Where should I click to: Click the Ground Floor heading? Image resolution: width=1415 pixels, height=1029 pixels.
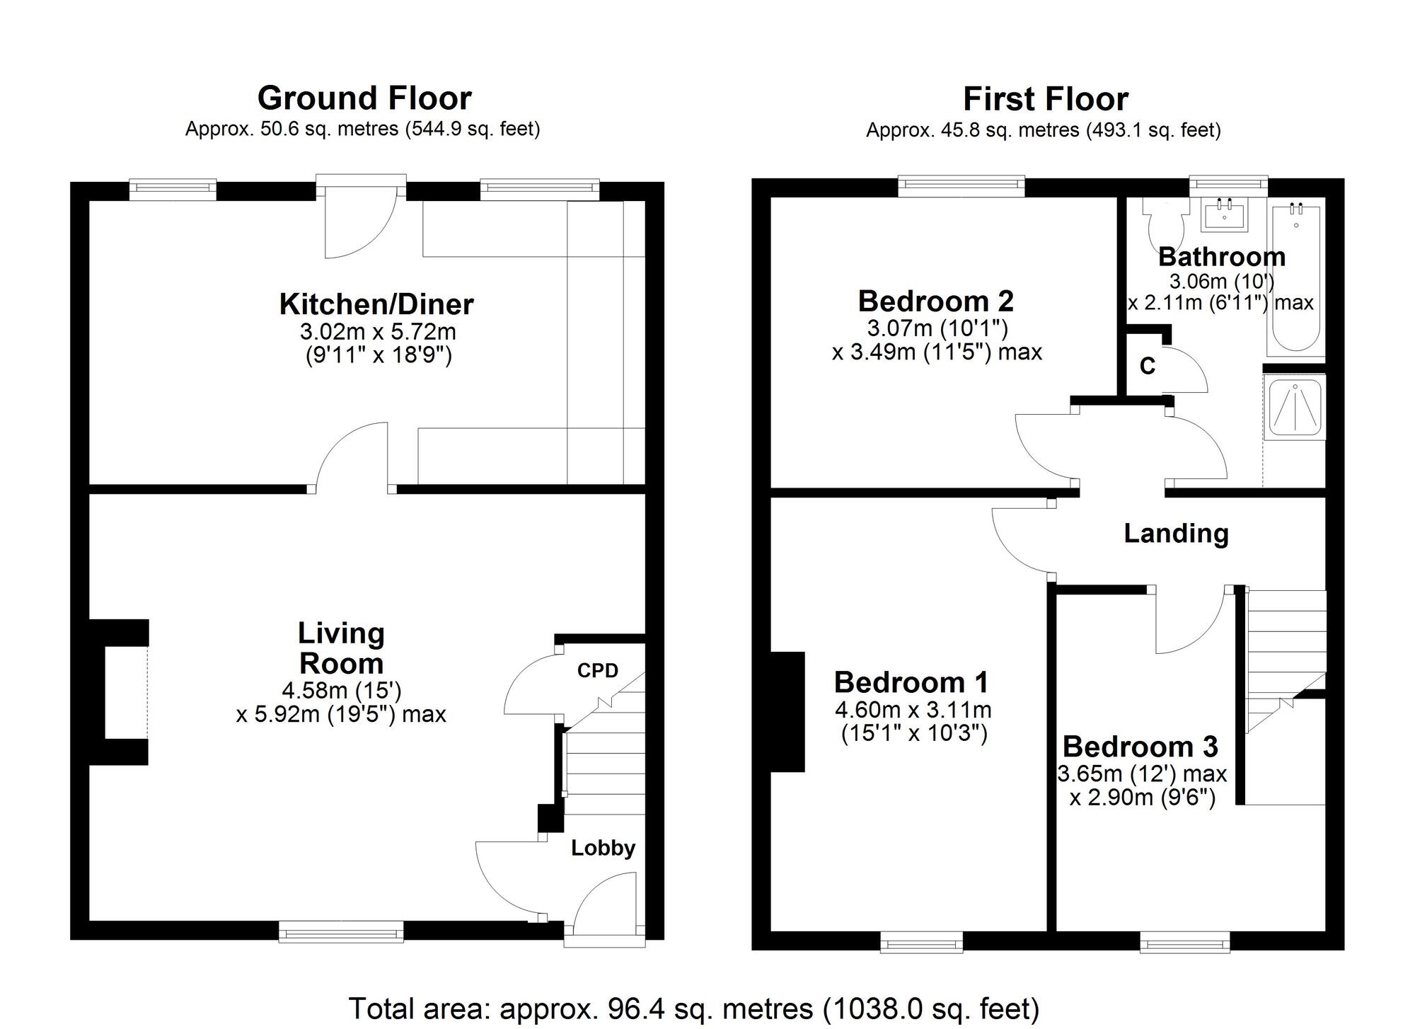point(364,98)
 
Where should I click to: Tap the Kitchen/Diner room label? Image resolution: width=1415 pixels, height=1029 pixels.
point(376,304)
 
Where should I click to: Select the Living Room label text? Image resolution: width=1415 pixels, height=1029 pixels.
point(341,648)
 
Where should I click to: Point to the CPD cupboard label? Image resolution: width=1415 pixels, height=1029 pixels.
point(598,670)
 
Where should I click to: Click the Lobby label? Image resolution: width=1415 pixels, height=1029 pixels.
point(603,848)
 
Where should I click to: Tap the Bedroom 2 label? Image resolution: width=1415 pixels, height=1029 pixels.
point(936,301)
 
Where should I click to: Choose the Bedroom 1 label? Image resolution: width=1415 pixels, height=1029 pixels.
point(911,682)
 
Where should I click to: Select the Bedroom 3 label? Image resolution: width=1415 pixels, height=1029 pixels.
point(1140,747)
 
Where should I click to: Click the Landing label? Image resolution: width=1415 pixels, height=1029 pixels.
point(1176,533)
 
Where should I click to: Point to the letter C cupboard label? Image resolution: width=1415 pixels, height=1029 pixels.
point(1148,366)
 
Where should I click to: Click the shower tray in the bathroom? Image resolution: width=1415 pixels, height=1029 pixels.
point(1295,407)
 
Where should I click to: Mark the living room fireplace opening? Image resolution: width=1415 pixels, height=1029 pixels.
point(127,692)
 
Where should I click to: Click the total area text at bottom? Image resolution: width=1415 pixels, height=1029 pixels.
point(694,1008)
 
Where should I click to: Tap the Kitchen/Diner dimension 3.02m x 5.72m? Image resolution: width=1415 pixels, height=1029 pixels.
point(378,332)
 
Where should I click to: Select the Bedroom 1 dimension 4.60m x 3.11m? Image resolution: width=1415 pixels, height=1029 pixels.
point(913,710)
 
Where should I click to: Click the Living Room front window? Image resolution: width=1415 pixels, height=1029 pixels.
point(341,931)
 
